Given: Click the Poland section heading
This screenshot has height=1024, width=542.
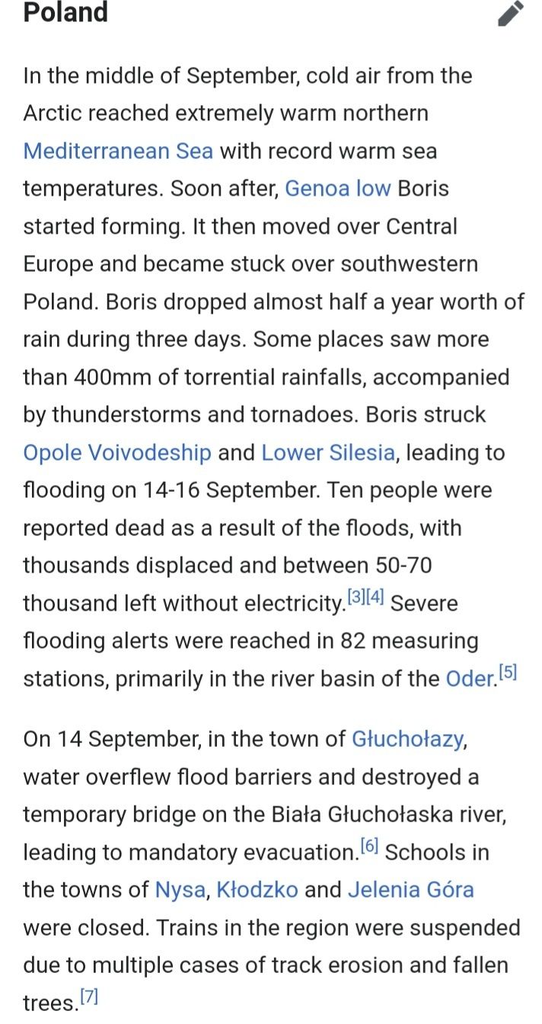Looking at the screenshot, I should [x=65, y=12].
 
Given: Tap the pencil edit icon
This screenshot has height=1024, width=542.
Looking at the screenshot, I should [x=511, y=14].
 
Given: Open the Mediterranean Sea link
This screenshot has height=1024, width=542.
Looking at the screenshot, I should [x=118, y=151].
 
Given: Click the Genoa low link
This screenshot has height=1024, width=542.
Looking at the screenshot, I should [x=338, y=188].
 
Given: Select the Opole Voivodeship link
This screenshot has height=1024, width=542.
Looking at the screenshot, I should [x=117, y=453].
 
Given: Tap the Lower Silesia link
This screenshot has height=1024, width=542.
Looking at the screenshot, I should [x=328, y=453].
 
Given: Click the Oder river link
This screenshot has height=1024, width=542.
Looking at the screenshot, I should [x=470, y=678].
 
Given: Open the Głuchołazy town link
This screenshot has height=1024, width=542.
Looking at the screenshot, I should [x=407, y=739].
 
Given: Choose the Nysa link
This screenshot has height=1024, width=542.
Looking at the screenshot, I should [x=180, y=890].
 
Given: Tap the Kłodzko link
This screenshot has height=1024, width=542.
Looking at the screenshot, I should [x=257, y=890].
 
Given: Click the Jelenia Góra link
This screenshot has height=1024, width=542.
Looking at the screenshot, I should [x=411, y=890].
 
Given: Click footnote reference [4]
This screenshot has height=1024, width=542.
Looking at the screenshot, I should [x=375, y=597].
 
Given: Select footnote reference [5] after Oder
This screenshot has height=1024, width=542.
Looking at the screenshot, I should [x=508, y=672].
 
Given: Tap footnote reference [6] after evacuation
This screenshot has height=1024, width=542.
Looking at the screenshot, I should [x=369, y=846].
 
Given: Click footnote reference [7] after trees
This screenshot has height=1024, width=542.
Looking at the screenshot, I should [x=90, y=997].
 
